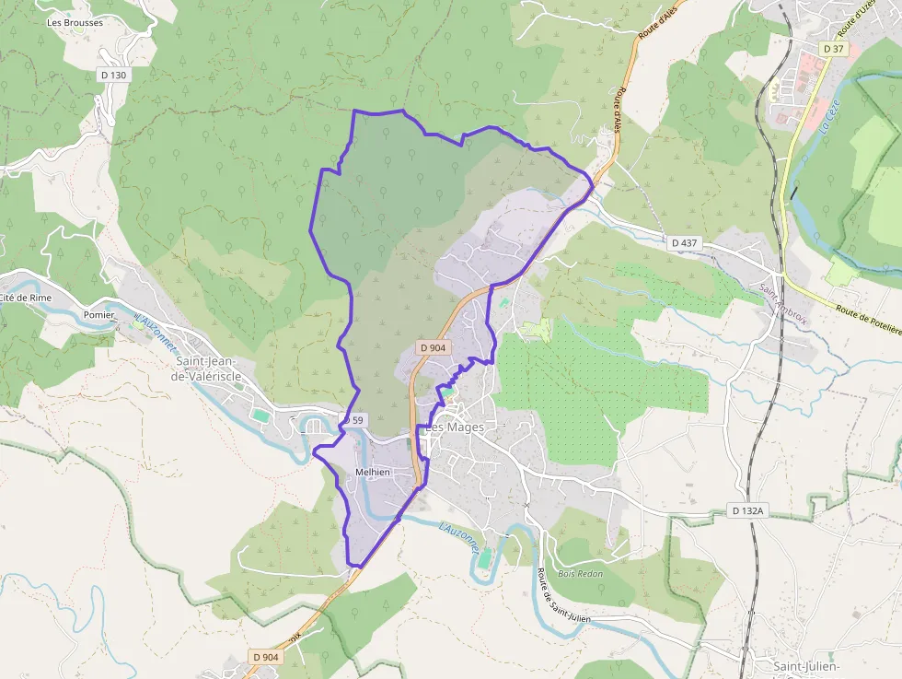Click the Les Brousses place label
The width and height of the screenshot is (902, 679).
75,22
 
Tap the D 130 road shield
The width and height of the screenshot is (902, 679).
111,75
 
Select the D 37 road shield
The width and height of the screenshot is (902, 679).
833,48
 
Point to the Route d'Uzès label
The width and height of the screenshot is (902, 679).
862,18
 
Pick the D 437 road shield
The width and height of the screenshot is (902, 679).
686,242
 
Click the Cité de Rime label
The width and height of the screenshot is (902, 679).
25,298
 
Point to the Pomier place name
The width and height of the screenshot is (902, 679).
98,314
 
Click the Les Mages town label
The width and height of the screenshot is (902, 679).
454,427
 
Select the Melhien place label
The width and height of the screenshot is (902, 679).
373,472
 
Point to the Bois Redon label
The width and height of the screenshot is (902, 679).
580,573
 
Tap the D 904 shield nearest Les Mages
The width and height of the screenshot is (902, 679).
433,347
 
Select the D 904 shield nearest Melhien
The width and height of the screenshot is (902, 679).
265,656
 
